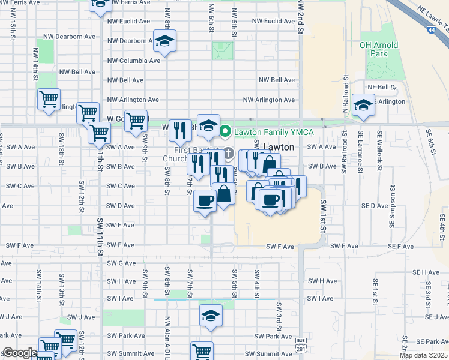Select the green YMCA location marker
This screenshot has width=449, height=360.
(226, 131)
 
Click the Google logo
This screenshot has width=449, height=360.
(19, 353)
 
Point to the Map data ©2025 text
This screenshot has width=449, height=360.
(424, 355)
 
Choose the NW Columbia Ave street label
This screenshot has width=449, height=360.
(133, 61)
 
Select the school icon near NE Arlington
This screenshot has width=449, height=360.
(363, 106)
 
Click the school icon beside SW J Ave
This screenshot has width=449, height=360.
(211, 316)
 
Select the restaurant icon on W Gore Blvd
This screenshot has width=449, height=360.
(180, 130)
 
